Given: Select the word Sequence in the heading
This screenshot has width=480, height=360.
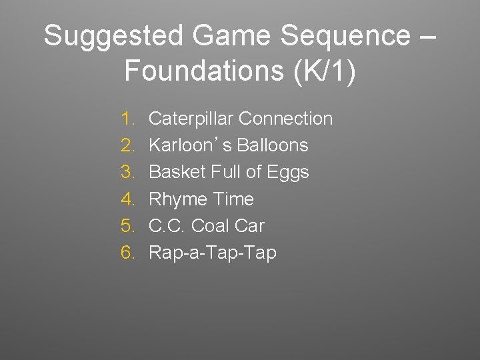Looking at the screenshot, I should click(345, 36).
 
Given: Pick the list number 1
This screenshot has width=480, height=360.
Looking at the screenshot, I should click(128, 119).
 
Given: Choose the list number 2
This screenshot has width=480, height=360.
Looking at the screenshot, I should click(128, 145).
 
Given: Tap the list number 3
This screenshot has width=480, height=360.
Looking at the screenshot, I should click(128, 172).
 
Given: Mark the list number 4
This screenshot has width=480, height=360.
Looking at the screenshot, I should click(128, 199).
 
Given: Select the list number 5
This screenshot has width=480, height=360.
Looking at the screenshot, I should click(128, 226).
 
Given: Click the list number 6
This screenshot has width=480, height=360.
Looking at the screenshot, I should click(128, 253).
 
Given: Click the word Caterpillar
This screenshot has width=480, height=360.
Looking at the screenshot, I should click(191, 119).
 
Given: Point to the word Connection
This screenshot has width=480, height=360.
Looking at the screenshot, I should click(285, 119).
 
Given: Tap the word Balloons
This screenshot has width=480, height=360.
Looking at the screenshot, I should click(275, 145).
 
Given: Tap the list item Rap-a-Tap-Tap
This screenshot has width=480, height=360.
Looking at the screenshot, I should click(212, 253).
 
